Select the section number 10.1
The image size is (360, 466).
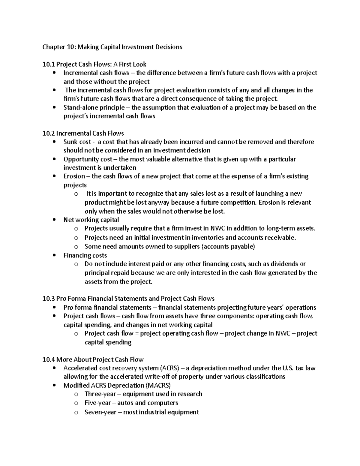[49, 64]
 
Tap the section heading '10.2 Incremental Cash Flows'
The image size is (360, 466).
[83, 133]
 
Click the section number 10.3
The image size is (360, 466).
[49, 299]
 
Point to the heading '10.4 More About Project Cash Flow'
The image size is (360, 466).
[93, 359]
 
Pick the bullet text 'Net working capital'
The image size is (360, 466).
[91, 220]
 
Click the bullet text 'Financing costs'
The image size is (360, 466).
[85, 255]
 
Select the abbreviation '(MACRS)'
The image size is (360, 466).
[158, 385]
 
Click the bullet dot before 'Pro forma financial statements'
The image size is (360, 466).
[54, 308]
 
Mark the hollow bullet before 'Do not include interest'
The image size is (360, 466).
[76, 264]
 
